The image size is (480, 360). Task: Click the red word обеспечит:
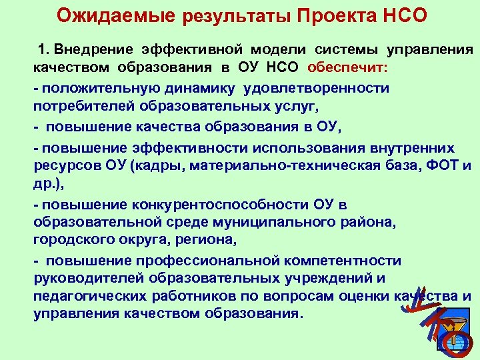click(347, 68)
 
